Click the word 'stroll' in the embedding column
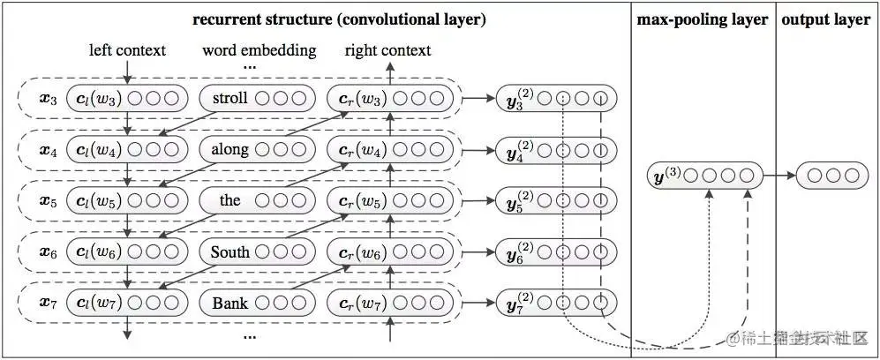pyautogui.click(x=230, y=99)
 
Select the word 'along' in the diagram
pyautogui.click(x=230, y=150)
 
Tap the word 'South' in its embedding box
pyautogui.click(x=230, y=252)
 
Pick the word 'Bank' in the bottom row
pyautogui.click(x=230, y=304)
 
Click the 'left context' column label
pyautogui.click(x=127, y=50)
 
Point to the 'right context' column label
pyautogui.click(x=387, y=50)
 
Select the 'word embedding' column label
pyautogui.click(x=259, y=50)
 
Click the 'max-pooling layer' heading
pyautogui.click(x=702, y=19)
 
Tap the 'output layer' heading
pyautogui.click(x=825, y=19)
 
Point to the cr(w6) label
pyautogui.click(x=363, y=252)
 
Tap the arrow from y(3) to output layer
pyautogui.click(x=779, y=176)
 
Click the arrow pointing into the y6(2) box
pyautogui.click(x=478, y=252)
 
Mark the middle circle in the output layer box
pyautogui.click(x=833, y=176)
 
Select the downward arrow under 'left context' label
pyautogui.click(x=127, y=71)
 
